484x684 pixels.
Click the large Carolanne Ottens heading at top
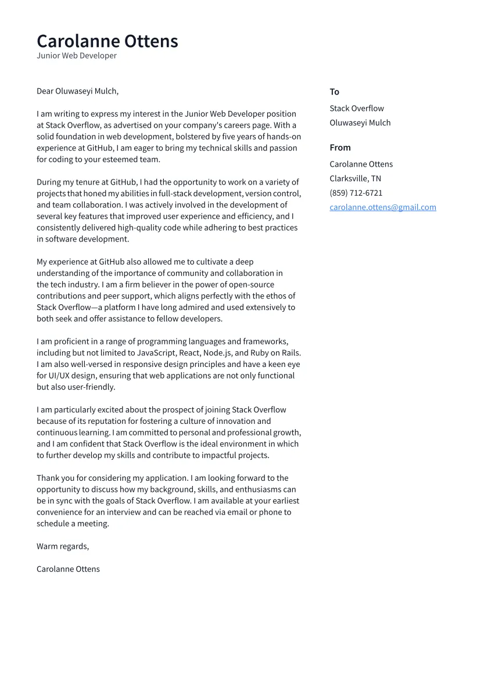pyautogui.click(x=107, y=41)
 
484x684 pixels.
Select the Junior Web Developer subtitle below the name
pyautogui.click(x=77, y=56)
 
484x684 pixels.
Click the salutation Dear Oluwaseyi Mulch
pyautogui.click(x=77, y=91)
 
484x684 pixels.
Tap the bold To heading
pyautogui.click(x=334, y=92)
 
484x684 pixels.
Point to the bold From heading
pyautogui.click(x=340, y=147)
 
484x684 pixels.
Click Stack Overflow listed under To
pyautogui.click(x=357, y=109)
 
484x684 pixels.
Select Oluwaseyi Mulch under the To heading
pyautogui.click(x=360, y=123)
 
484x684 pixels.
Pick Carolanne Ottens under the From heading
pyautogui.click(x=361, y=164)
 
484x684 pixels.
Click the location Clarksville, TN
pyautogui.click(x=355, y=179)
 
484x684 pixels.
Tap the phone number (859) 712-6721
pyautogui.click(x=356, y=193)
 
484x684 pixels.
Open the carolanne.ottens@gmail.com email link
pyautogui.click(x=383, y=207)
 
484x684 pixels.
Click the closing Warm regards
pyautogui.click(x=63, y=546)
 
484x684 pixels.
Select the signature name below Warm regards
pyautogui.click(x=68, y=569)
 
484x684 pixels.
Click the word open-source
pyautogui.click(x=253, y=285)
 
